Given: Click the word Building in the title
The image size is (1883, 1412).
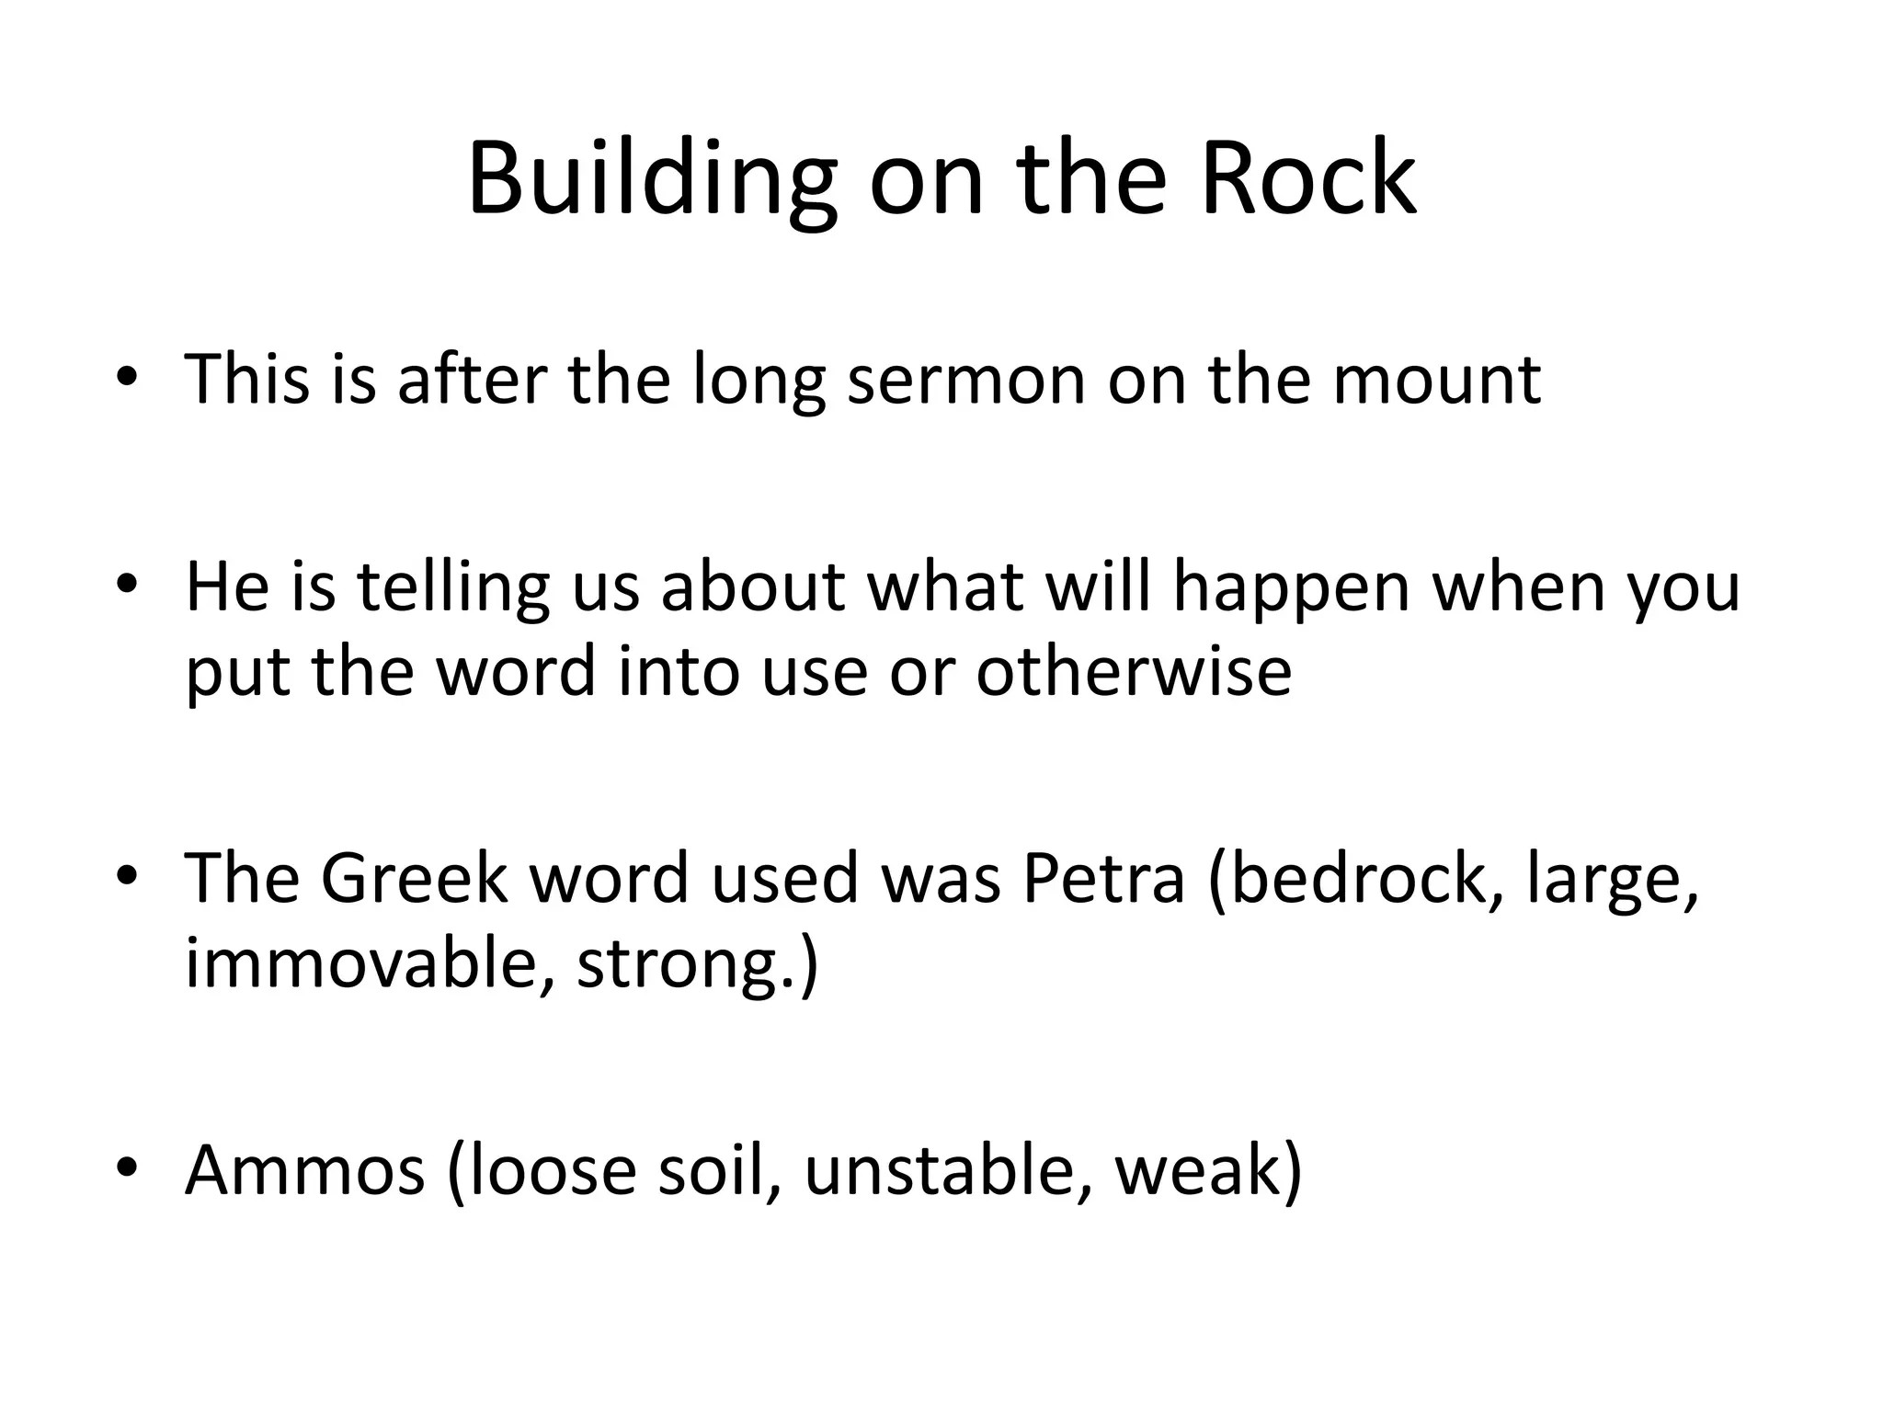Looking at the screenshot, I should [652, 180].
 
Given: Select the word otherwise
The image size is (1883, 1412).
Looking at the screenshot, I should [1134, 671].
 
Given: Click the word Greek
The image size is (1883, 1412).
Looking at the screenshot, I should [414, 877].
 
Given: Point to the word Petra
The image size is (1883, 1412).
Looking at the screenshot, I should [1103, 877].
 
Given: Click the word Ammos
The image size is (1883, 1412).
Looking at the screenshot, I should [305, 1169].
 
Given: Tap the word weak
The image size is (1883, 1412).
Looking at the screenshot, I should [1199, 1169].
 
